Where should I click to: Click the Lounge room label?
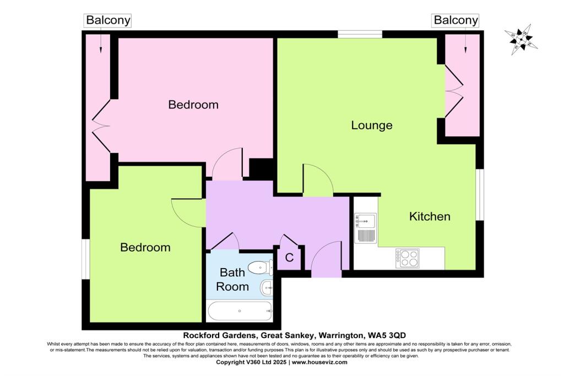(x=372, y=125)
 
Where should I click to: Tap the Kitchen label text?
(x=429, y=216)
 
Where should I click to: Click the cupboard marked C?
(x=289, y=258)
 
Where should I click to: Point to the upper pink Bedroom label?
(x=193, y=105)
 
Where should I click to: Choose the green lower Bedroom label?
(x=145, y=247)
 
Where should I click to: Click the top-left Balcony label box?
(x=108, y=20)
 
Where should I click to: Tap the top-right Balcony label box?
(x=456, y=20)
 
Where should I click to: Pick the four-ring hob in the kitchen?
(x=407, y=258)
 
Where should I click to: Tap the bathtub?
(x=240, y=311)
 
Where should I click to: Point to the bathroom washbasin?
(x=267, y=286)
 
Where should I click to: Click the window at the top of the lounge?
(x=360, y=34)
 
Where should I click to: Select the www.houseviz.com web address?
(x=319, y=362)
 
